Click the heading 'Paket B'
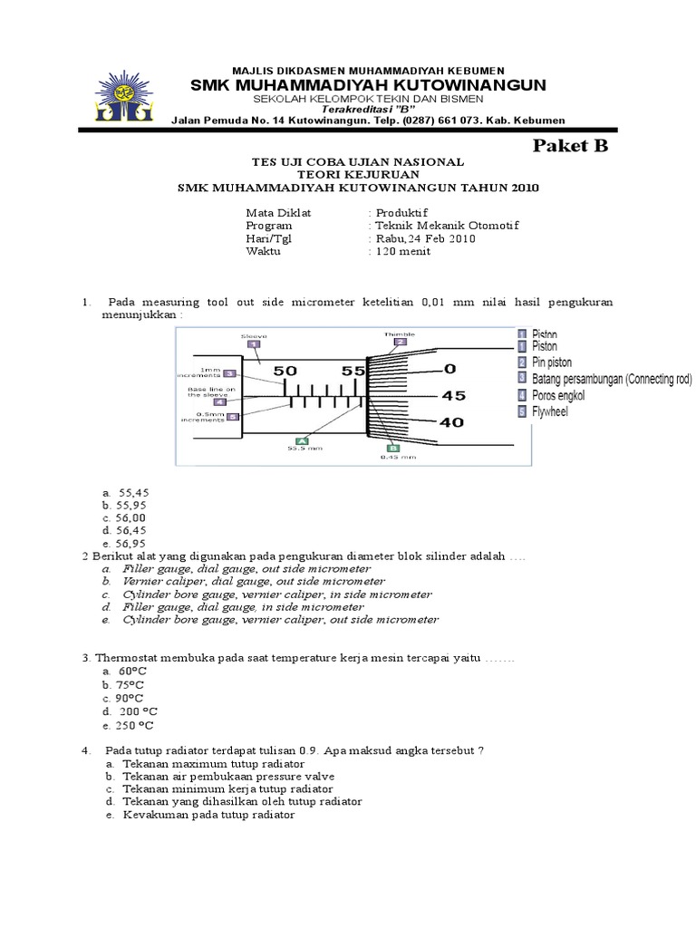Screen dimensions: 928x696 (x=569, y=146)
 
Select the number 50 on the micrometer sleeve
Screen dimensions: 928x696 (x=285, y=371)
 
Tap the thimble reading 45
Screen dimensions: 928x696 (x=453, y=396)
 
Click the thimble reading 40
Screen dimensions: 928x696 (x=453, y=422)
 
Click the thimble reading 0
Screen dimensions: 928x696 (x=449, y=369)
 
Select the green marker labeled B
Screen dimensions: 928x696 (x=393, y=448)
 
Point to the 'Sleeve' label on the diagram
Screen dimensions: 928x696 (x=254, y=335)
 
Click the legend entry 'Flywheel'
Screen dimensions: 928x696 (x=549, y=411)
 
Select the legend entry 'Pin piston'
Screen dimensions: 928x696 (x=552, y=362)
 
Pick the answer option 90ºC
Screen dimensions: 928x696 (x=124, y=699)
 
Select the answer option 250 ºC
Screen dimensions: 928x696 (x=128, y=726)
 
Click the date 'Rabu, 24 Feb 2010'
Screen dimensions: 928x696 (x=423, y=239)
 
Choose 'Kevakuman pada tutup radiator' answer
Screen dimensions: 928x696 (x=208, y=815)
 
